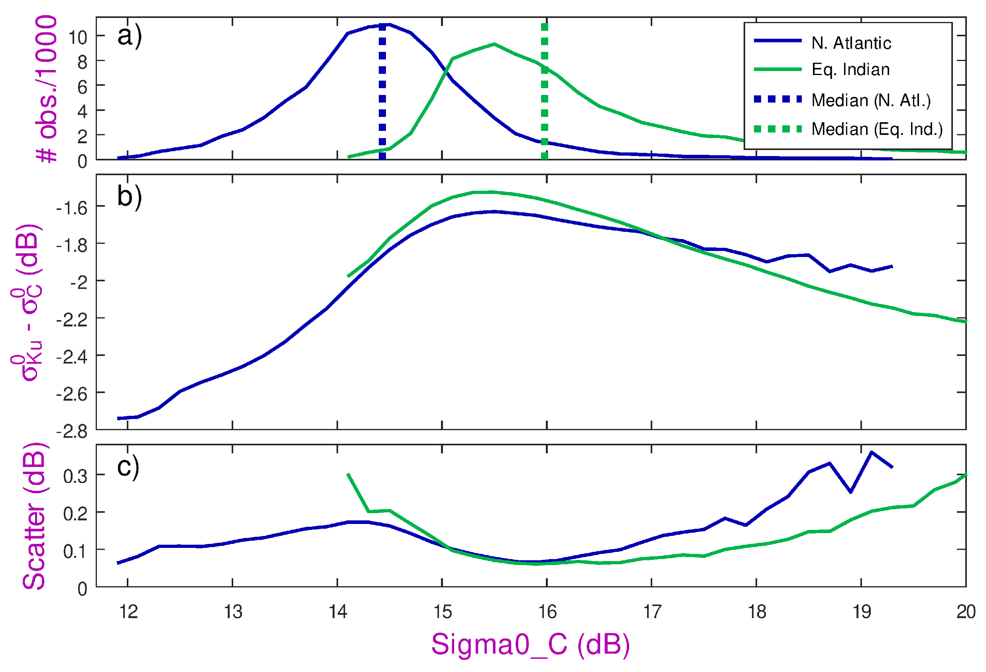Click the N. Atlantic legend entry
pyautogui.click(x=851, y=43)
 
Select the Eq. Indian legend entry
pyautogui.click(x=850, y=69)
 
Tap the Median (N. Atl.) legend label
pyautogui.click(x=871, y=100)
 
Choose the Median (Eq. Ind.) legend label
pyautogui.click(x=876, y=129)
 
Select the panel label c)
pyautogui.click(x=128, y=466)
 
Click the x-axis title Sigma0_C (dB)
pyautogui.click(x=530, y=644)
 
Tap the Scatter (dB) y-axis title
pyautogui.click(x=34, y=516)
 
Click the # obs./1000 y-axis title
pyautogui.click(x=47, y=89)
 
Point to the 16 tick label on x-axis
pyautogui.click(x=547, y=612)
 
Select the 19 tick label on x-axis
pyautogui.click(x=861, y=612)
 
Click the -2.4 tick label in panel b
pyautogui.click(x=72, y=357)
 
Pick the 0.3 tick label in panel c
pyautogui.click(x=75, y=476)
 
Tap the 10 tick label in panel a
pyautogui.click(x=78, y=38)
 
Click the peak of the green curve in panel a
pyautogui.click(x=494, y=44)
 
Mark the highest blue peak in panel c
pyautogui.click(x=871, y=452)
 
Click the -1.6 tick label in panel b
pyautogui.click(x=72, y=208)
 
